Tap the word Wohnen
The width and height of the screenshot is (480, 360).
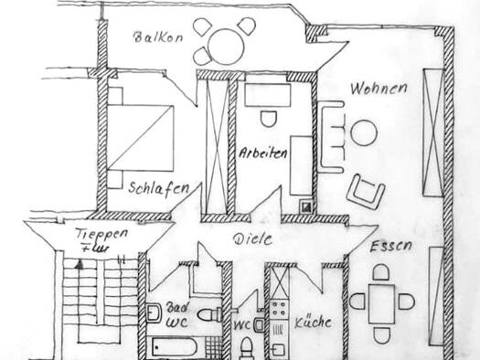(376, 89)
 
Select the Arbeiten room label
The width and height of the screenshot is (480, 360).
(265, 153)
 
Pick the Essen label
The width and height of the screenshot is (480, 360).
(391, 247)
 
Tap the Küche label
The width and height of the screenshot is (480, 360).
(313, 322)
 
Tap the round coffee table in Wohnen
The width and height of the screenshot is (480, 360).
(364, 133)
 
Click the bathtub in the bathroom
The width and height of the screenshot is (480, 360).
(179, 348)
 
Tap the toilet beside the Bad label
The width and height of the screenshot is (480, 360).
(211, 313)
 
